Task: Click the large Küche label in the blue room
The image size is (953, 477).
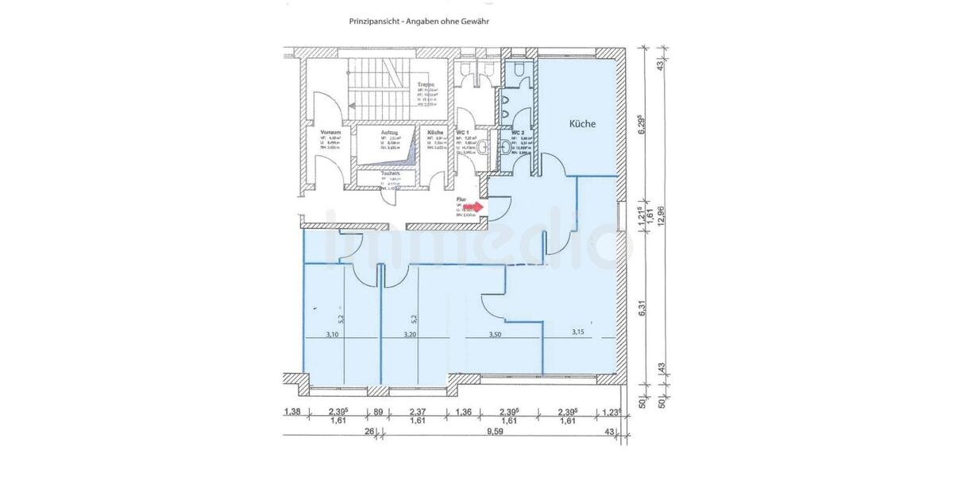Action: [x=581, y=124]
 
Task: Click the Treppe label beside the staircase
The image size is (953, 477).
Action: [x=426, y=84]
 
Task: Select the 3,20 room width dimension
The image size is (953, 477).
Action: [x=410, y=335]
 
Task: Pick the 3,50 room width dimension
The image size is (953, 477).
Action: [x=496, y=335]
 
